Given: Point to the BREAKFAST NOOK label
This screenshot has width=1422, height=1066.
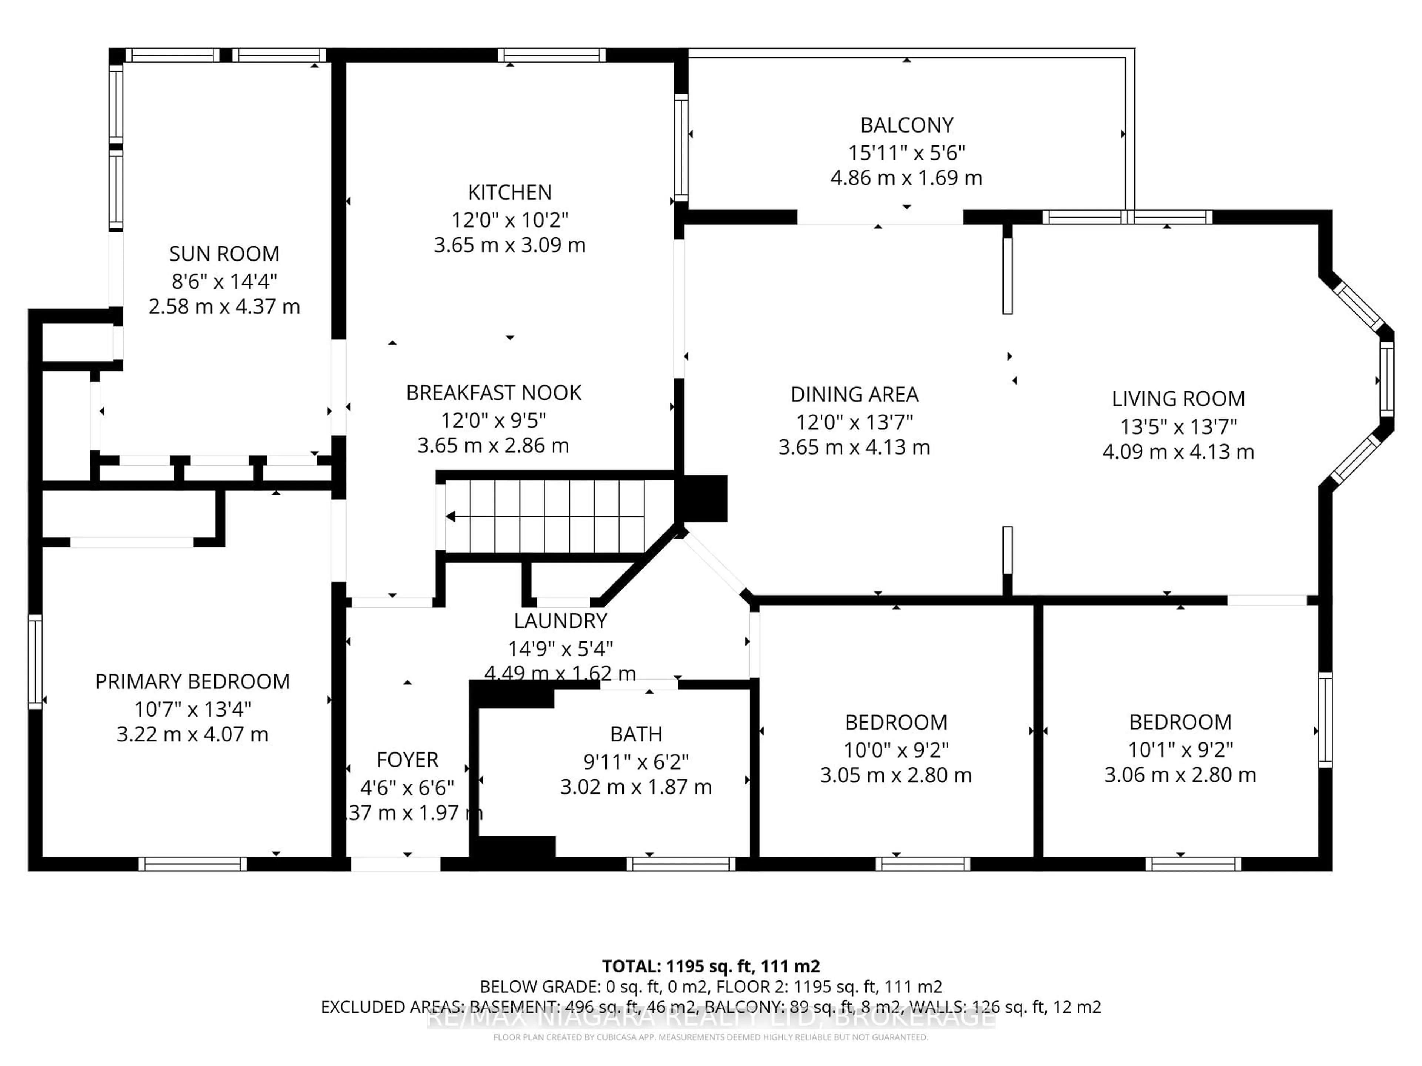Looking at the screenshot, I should point(493,393).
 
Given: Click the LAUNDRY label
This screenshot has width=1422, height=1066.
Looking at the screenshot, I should point(560,621).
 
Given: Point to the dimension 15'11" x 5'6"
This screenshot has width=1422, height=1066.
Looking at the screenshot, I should point(907,153).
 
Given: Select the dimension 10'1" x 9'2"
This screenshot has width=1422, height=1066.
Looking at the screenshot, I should point(1180,749).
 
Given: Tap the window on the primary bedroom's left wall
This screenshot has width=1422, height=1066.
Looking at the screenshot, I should point(35,662).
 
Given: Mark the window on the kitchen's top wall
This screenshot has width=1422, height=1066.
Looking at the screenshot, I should point(551,55).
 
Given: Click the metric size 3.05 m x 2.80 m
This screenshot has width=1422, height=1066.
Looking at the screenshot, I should point(895,775).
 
